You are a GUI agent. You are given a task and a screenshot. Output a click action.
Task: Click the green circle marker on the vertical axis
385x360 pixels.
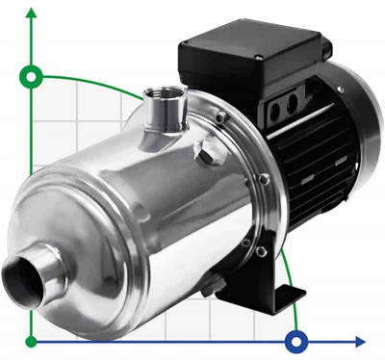tap(35, 76)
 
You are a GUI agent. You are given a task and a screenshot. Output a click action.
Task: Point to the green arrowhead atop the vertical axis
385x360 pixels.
tap(35, 12)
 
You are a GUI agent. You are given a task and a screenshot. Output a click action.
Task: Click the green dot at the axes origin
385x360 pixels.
tap(35, 341)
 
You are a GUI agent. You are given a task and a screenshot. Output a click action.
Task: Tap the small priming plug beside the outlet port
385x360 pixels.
tap(203, 151)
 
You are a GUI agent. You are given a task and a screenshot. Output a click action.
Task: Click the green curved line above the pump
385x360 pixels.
tap(96, 83)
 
